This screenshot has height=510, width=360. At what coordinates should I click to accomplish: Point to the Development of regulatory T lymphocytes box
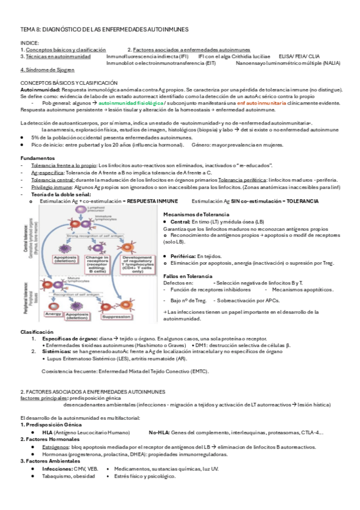coord(139,265)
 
